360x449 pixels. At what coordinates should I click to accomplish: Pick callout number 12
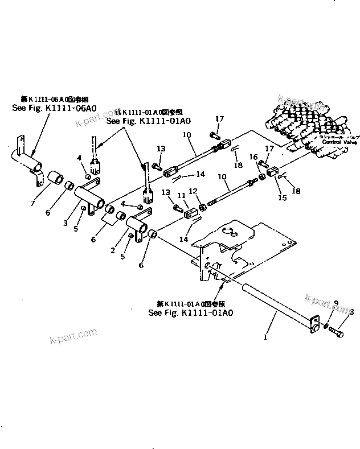[193, 191]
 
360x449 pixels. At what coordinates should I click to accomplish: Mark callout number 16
[255, 157]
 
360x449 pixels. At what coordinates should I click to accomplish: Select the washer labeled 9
[324, 326]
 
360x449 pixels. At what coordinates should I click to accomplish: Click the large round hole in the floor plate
[228, 231]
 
